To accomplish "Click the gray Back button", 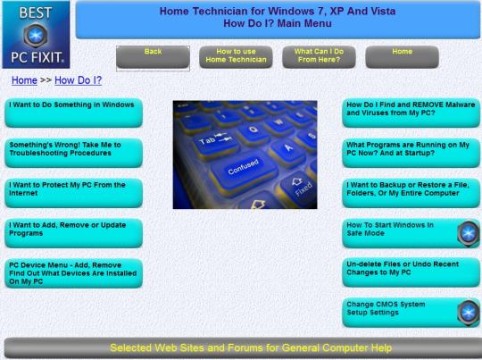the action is (x=153, y=57).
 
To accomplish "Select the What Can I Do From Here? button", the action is (x=319, y=57).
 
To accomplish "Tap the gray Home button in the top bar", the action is (x=402, y=57).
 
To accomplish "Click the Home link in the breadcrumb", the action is (x=24, y=80).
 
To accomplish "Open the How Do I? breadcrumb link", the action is (x=78, y=80).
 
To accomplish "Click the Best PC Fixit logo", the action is (x=36, y=35).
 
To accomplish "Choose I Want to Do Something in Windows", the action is (x=73, y=113).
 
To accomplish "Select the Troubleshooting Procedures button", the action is (x=73, y=153).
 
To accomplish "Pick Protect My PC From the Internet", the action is (x=73, y=193).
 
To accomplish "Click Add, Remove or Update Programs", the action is (x=73, y=233).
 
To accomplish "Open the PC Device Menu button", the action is (x=73, y=273).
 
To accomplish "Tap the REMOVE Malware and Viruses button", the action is (x=411, y=113).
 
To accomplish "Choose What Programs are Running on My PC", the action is (x=411, y=153).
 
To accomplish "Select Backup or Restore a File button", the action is (x=411, y=193).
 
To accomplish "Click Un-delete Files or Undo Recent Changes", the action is (x=411, y=272).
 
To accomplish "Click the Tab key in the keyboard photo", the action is (x=215, y=142).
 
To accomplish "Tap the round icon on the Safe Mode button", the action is (x=469, y=233).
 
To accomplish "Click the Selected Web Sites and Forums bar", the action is (x=243, y=348).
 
